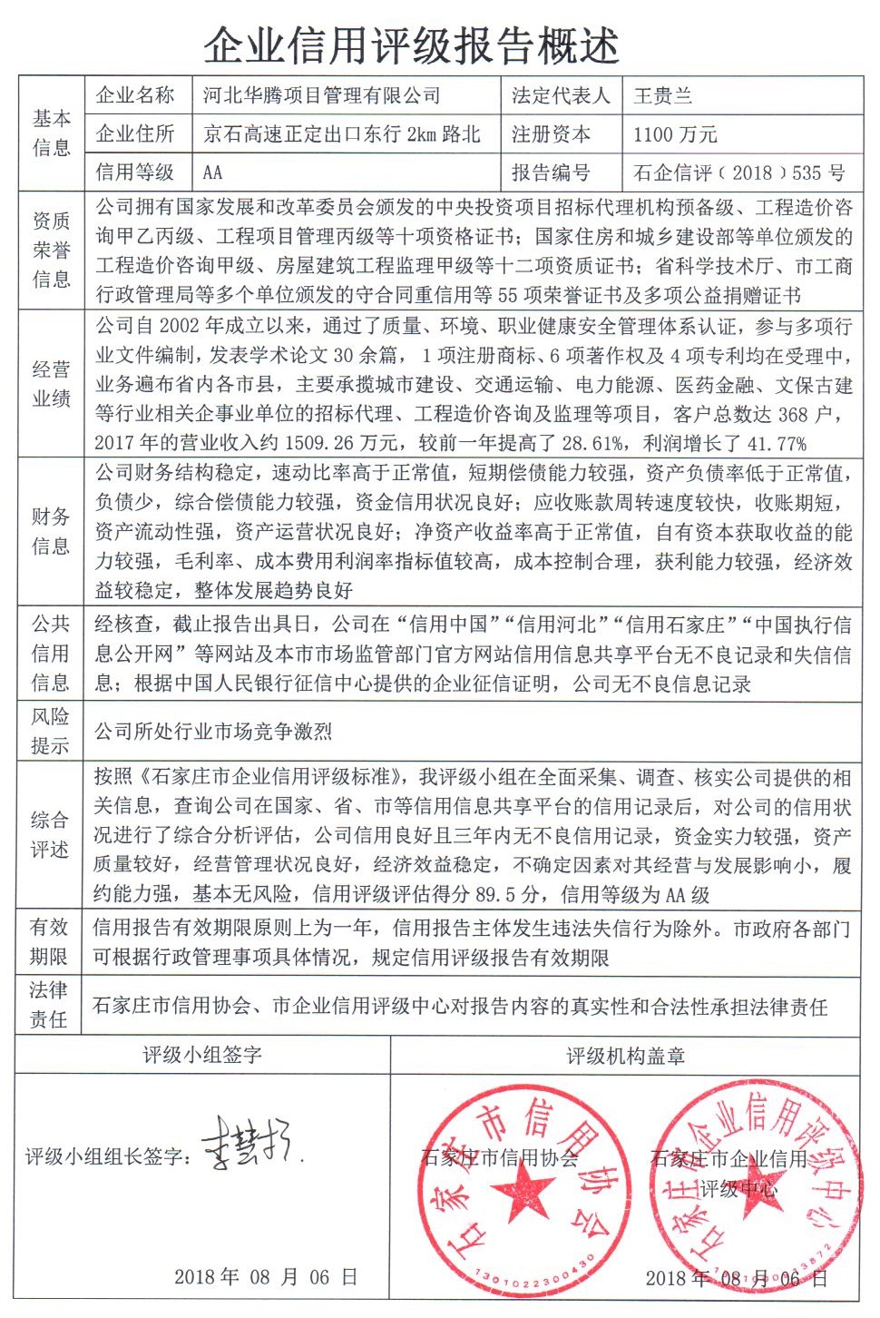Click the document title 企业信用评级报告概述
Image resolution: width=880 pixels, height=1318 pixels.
click(x=411, y=44)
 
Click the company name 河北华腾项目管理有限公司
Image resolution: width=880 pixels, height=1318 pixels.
click(x=321, y=95)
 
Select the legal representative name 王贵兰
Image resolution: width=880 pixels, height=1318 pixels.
click(x=662, y=96)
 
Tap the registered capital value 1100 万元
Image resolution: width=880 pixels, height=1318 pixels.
click(x=675, y=134)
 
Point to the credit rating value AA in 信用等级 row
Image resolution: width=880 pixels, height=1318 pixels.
click(x=212, y=172)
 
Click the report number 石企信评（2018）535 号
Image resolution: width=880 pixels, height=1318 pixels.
click(x=738, y=172)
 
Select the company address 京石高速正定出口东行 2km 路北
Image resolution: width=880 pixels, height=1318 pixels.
click(x=341, y=134)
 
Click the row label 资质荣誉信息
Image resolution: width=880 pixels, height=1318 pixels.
click(x=51, y=250)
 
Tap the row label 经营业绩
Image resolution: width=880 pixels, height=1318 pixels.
click(x=51, y=384)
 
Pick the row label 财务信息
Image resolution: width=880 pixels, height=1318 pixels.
click(x=51, y=531)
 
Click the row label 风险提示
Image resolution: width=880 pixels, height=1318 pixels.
click(x=51, y=731)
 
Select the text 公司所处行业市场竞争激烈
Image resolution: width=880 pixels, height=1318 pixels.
click(x=213, y=732)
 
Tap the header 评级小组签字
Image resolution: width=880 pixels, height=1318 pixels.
click(x=201, y=1055)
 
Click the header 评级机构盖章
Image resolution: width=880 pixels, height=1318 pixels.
click(x=626, y=1056)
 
